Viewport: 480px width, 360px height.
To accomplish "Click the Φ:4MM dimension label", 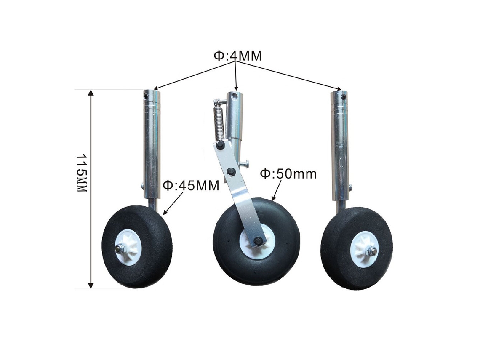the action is coord(237,56).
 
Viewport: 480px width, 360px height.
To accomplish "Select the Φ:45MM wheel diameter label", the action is coord(191,186).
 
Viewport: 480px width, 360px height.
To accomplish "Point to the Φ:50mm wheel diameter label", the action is coord(288,173).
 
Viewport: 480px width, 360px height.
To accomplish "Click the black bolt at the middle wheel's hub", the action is coord(259,241).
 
